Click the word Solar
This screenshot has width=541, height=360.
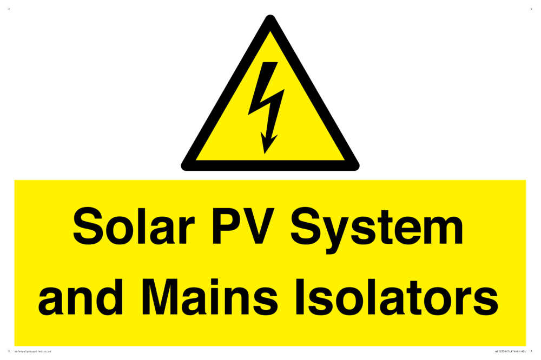coord(133,228)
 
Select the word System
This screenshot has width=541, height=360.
coord(377,229)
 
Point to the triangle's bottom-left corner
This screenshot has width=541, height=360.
coord(185,166)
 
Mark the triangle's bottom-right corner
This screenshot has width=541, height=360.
coord(355,166)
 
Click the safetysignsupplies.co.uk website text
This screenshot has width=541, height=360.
coord(32,351)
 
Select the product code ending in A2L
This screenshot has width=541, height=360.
coord(510,351)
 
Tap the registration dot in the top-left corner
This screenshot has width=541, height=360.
coord(9,9)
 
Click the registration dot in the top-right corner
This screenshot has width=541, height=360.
coord(531,9)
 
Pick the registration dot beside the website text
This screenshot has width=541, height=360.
coord(9,351)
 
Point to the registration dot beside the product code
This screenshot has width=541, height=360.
coord(531,351)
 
